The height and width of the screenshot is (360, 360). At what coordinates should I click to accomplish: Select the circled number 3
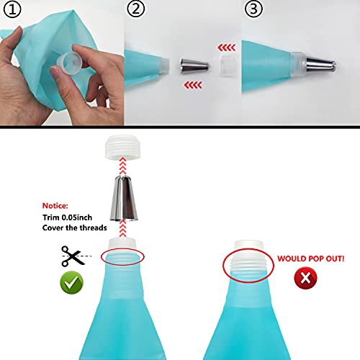[253, 10]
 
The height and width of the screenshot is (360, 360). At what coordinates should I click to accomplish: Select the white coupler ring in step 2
[228, 58]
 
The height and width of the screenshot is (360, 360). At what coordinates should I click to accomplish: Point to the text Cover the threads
[71, 229]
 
